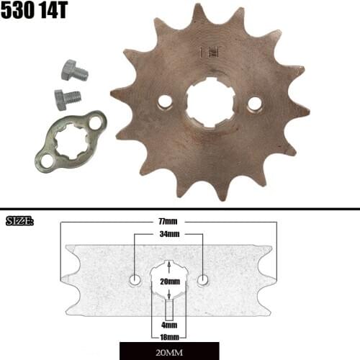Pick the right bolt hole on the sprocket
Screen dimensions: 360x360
(253, 104)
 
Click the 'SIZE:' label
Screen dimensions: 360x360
(20, 220)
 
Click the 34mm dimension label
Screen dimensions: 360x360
(169, 235)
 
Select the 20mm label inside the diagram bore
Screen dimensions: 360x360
(169, 281)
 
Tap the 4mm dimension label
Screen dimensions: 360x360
(169, 325)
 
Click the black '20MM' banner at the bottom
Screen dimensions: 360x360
(169, 353)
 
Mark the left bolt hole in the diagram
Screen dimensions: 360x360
(135, 279)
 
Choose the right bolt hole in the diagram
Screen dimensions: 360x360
(204, 279)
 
